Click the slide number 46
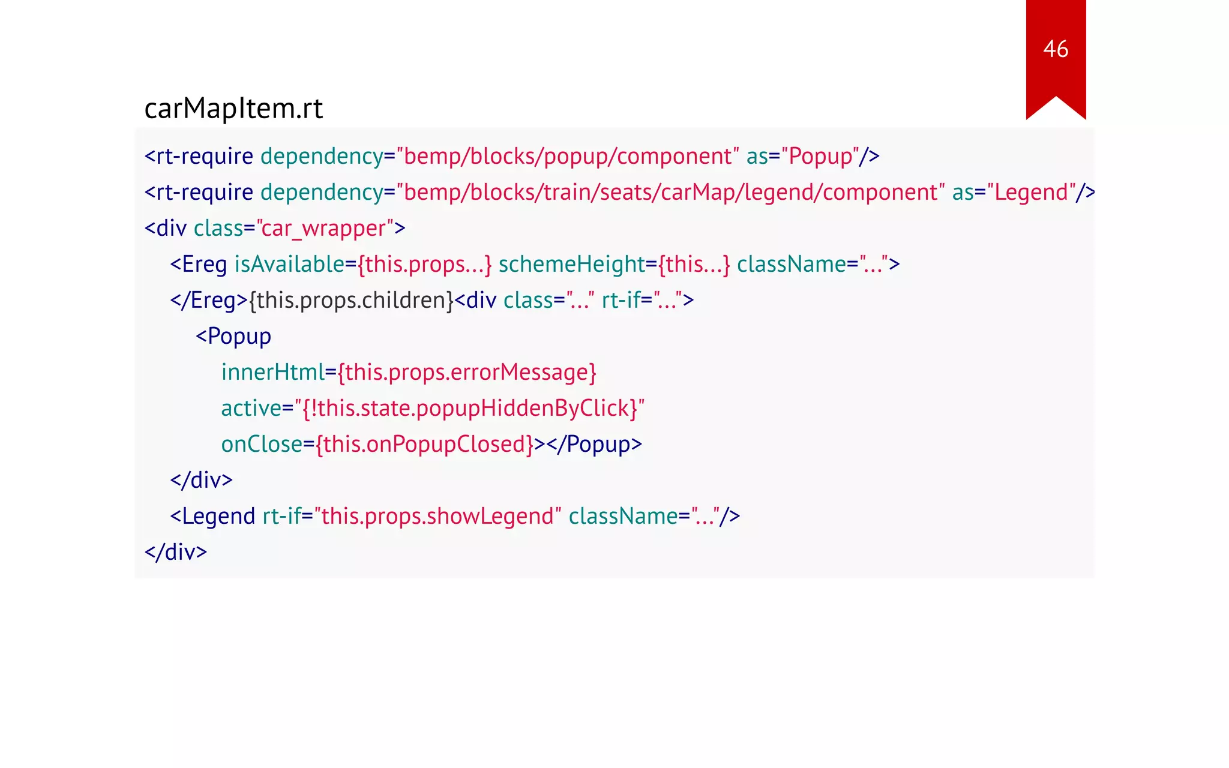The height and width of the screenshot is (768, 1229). point(1056,49)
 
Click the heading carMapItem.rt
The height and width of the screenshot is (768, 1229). point(233,109)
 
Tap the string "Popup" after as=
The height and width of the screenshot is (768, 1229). point(820,157)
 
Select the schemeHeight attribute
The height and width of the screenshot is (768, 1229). point(571,265)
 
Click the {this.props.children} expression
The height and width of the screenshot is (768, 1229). point(352,301)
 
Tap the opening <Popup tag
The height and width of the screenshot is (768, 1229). point(233,337)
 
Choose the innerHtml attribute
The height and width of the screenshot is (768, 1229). point(273,373)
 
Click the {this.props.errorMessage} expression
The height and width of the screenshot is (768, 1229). point(467,373)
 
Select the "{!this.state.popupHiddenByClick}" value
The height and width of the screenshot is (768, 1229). point(469,409)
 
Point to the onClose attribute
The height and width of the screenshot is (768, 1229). point(262,445)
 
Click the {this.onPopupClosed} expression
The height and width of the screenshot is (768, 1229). point(425,445)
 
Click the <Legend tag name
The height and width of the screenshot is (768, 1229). point(213,517)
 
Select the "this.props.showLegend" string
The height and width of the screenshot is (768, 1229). point(437,517)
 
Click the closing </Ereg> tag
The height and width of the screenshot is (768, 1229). point(209,301)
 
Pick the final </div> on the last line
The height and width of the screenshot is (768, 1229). point(176,553)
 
